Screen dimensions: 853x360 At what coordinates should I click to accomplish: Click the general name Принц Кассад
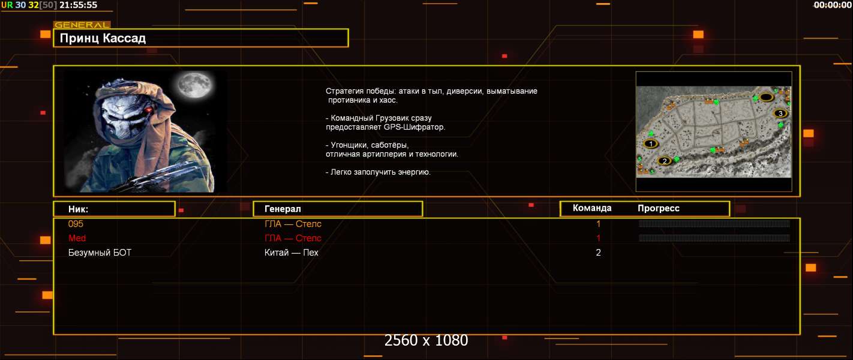(103, 38)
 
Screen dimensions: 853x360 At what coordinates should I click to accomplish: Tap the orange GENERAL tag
(82, 25)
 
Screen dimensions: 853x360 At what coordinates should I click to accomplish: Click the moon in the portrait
(195, 84)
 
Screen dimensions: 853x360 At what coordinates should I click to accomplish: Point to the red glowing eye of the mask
(149, 110)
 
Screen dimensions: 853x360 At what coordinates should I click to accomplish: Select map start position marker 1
(651, 143)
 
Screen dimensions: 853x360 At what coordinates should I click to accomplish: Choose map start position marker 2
(665, 161)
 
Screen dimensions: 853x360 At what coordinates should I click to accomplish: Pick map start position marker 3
(780, 113)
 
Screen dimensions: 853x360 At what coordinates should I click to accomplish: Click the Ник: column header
(78, 209)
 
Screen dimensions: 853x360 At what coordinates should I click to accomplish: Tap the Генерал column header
(283, 209)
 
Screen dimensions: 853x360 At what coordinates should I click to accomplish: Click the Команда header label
(592, 208)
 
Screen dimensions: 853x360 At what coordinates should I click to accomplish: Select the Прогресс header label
(659, 208)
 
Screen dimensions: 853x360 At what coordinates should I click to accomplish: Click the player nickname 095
(76, 224)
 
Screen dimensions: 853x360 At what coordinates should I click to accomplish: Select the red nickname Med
(77, 238)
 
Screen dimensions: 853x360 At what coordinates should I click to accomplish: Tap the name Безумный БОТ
(100, 253)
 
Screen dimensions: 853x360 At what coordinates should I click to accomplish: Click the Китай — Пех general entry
(292, 253)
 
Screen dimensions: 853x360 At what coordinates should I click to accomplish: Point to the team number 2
(598, 253)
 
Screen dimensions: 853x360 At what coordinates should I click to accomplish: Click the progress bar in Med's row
(714, 238)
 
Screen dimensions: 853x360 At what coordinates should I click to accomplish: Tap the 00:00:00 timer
(833, 5)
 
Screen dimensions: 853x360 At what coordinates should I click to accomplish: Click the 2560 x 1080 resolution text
(426, 340)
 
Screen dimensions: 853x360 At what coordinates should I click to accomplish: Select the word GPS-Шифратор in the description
(414, 127)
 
